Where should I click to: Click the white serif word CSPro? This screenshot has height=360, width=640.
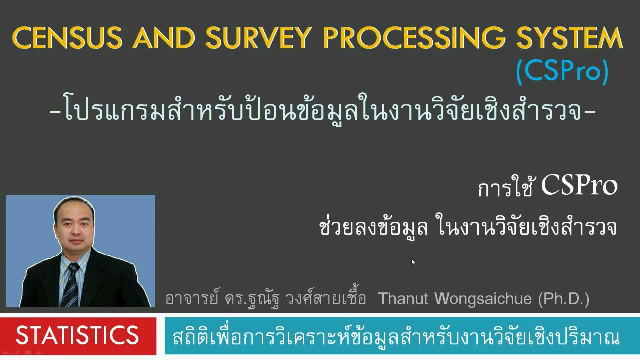point(579,186)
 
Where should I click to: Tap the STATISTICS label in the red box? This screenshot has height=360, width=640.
point(77,335)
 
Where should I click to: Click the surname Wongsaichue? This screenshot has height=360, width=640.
point(483,299)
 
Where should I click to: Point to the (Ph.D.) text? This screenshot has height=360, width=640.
point(564,299)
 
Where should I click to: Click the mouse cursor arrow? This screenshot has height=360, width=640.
point(413,262)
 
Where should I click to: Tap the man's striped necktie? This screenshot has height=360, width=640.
point(70,285)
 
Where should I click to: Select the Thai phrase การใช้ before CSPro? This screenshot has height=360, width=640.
point(506,189)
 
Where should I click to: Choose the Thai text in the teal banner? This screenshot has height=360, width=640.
point(396,337)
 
